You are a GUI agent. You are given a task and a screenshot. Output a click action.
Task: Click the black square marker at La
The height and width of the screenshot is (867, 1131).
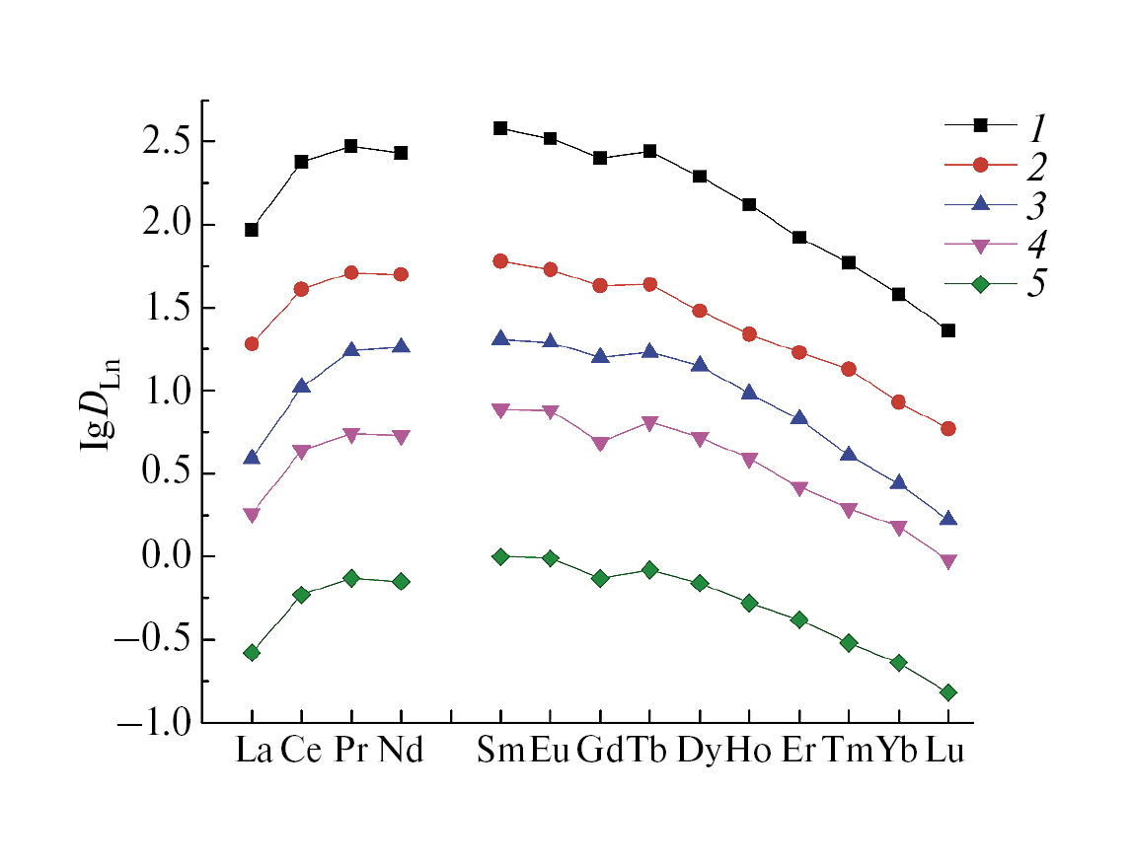point(252,230)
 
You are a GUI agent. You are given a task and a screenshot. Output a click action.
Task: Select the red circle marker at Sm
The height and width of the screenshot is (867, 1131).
point(500,261)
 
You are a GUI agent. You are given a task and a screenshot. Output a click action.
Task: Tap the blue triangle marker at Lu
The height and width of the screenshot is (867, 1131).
point(947,519)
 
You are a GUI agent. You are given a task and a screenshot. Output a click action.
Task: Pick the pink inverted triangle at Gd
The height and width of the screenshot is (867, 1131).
point(600,444)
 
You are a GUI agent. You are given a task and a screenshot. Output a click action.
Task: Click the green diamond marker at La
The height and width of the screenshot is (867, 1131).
point(252,653)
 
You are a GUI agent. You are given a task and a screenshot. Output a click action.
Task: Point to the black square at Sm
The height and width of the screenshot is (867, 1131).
point(500,128)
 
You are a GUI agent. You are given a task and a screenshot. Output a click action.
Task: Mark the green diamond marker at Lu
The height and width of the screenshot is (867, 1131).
point(947,692)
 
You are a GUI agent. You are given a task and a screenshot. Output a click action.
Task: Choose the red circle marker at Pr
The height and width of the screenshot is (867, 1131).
point(351,272)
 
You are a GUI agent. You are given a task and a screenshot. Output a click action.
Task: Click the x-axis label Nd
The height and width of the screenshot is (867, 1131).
point(401,752)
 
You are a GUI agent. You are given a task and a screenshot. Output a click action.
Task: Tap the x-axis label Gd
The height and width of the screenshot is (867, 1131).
point(600,752)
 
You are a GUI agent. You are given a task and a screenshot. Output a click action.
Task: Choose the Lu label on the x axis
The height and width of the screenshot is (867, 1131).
point(945,752)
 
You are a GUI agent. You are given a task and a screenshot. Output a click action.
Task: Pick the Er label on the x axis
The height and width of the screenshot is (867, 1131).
point(798,752)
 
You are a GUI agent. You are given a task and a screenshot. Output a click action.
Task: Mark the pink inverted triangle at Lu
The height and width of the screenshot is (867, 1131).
point(947,562)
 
